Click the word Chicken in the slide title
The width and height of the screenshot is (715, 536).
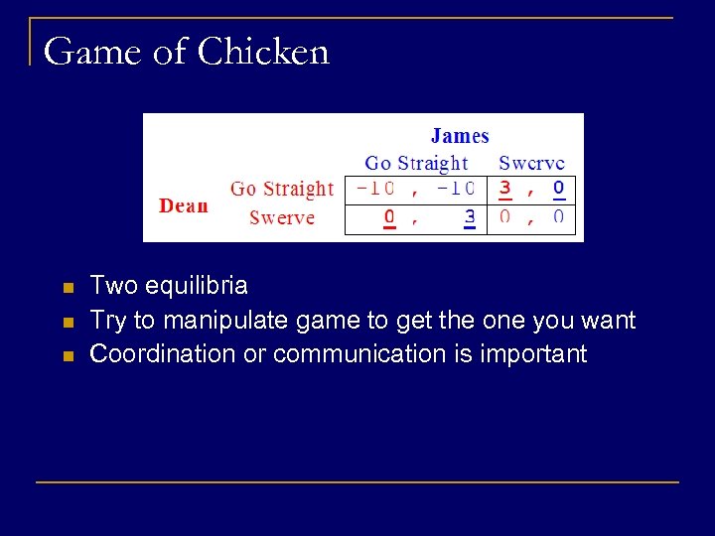tap(263, 51)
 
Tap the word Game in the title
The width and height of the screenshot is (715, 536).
tap(91, 51)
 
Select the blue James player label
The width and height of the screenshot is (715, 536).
tap(460, 136)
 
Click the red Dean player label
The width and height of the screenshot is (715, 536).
tap(184, 205)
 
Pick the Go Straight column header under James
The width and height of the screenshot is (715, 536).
tap(416, 163)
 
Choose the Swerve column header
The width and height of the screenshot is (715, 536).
tap(531, 163)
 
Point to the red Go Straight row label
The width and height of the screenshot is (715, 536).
tap(282, 189)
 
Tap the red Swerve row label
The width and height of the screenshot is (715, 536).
tap(282, 217)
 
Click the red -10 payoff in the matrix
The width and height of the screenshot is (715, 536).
tap(375, 188)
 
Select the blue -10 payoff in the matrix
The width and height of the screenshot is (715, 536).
tap(456, 188)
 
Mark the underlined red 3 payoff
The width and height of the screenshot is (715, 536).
tap(505, 188)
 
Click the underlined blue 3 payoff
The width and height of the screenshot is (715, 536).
tap(470, 217)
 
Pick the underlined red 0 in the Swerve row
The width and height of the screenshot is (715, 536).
tap(390, 217)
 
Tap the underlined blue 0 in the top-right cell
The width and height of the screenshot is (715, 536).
tap(559, 188)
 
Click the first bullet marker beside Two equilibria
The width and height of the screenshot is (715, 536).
tap(68, 289)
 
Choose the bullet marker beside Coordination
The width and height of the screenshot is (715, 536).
tap(68, 355)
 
